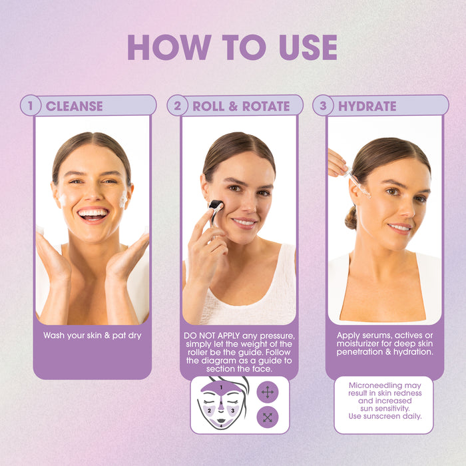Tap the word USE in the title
308,47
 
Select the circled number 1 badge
31,105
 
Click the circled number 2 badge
177,105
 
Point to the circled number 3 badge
323,105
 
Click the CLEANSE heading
75,106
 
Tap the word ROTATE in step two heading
266,106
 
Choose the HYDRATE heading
367,106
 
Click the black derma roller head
216,205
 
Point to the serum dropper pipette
358,183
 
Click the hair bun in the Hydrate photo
351,218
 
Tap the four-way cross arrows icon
268,392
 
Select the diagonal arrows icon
268,417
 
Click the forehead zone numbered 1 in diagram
221,388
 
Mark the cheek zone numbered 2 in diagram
210,411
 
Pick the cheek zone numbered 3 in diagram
232,411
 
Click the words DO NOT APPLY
212,336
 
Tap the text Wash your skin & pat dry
93,336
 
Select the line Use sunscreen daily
385,416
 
